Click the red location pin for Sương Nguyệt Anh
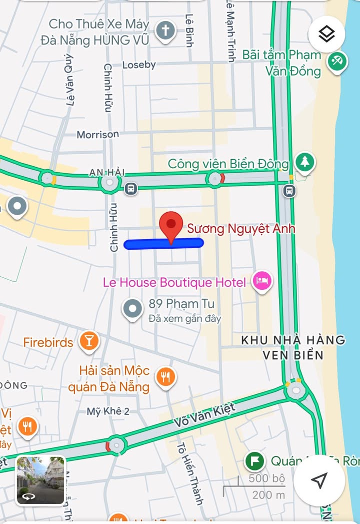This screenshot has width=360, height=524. click(x=171, y=226)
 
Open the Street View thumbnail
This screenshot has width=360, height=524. click(x=40, y=480)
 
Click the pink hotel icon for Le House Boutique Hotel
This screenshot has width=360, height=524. click(x=262, y=281)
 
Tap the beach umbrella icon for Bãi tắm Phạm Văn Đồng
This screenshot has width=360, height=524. click(x=337, y=62)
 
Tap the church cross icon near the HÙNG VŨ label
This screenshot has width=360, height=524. click(x=165, y=31)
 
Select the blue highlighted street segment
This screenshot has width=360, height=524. click(x=163, y=244)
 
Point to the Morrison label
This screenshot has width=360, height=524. click(x=98, y=134)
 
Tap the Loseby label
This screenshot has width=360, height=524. click(x=139, y=65)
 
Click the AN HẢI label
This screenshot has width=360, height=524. click(x=106, y=172)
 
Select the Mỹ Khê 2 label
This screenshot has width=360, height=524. click(x=108, y=411)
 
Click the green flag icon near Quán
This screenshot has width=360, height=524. click(x=255, y=461)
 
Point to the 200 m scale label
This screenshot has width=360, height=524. click(x=268, y=495)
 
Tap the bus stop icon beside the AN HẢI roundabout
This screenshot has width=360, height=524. click(x=131, y=188)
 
